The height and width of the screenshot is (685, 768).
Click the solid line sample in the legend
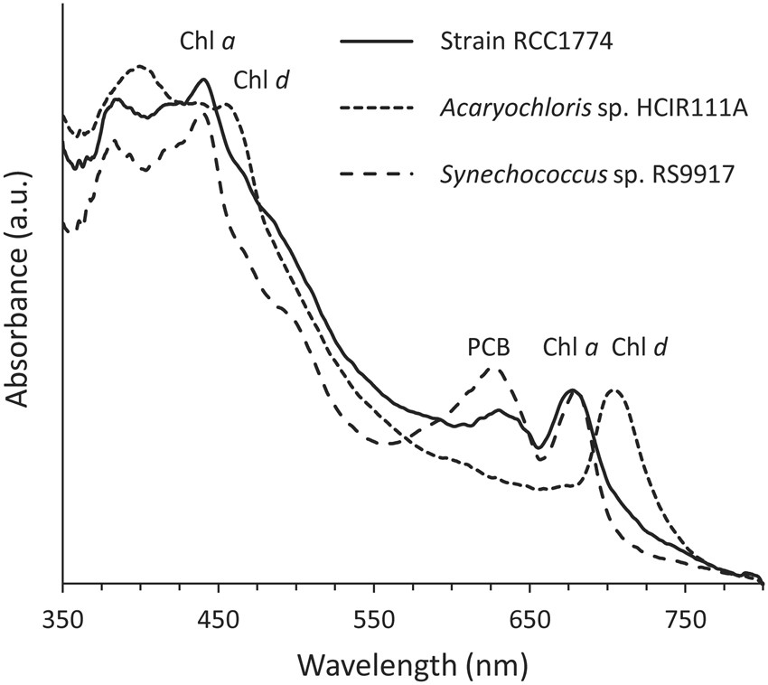pyautogui.click(x=374, y=42)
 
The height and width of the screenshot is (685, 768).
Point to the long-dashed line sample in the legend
pyautogui.click(x=374, y=173)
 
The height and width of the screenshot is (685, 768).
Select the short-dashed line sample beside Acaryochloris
pyautogui.click(x=374, y=108)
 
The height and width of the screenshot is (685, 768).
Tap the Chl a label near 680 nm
pyautogui.click(x=569, y=347)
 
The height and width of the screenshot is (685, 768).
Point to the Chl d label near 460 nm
pyautogui.click(x=262, y=80)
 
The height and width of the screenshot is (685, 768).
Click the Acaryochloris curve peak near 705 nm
pyautogui.click(x=615, y=390)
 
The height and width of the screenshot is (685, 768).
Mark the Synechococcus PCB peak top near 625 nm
pyautogui.click(x=492, y=367)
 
